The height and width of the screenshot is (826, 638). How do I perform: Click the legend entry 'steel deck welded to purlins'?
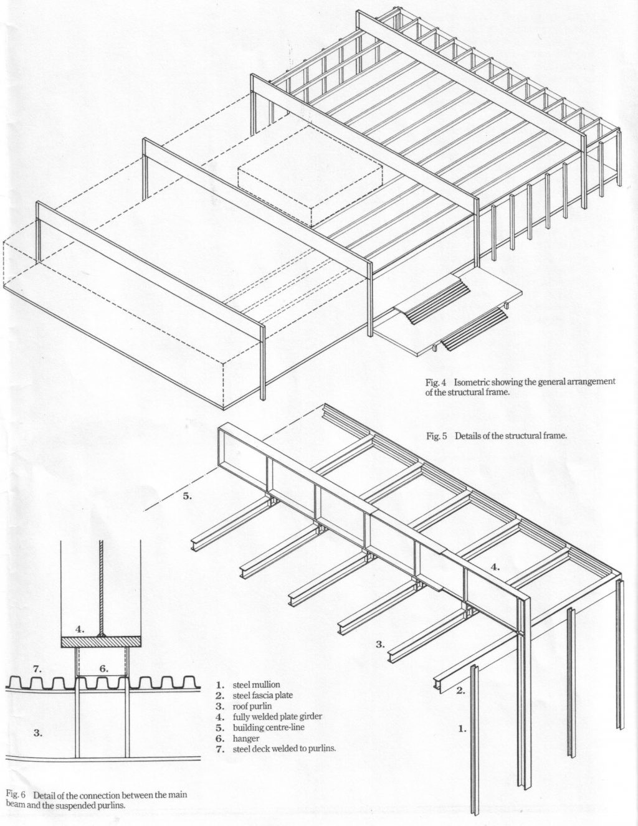pyautogui.click(x=284, y=749)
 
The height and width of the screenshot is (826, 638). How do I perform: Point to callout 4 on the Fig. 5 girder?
pyautogui.click(x=494, y=567)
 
